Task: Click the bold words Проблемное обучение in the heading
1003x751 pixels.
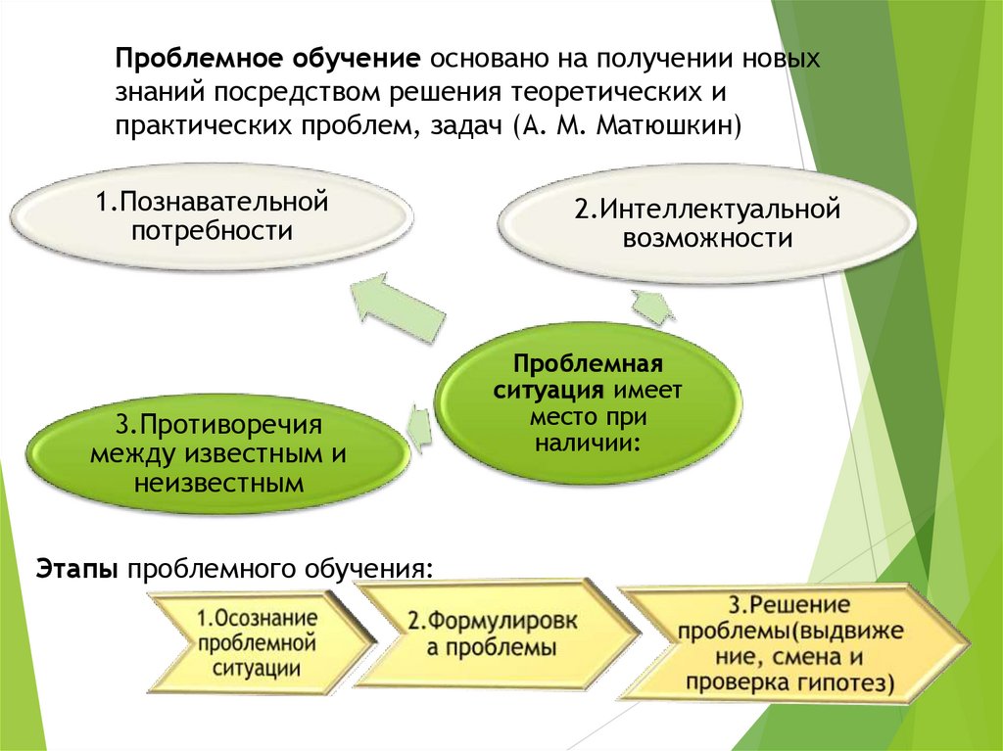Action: tap(267, 57)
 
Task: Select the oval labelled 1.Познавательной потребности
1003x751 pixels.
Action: tap(211, 217)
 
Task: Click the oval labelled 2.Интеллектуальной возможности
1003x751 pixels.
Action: tap(707, 224)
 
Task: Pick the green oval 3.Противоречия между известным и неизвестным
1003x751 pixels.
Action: tap(217, 455)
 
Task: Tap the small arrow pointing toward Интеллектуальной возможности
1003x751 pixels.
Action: tap(652, 305)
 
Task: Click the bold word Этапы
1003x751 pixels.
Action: tap(77, 569)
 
